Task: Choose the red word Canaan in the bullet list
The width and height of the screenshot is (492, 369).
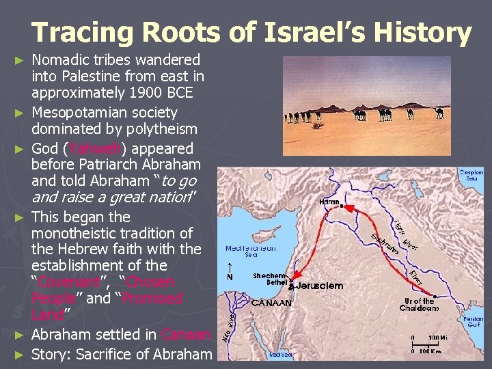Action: [x=186, y=335]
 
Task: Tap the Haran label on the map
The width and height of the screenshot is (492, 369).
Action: [x=331, y=202]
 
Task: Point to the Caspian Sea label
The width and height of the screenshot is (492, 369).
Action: [x=471, y=176]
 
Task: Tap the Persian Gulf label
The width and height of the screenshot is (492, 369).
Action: [x=473, y=323]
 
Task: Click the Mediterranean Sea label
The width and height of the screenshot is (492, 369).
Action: [x=250, y=251]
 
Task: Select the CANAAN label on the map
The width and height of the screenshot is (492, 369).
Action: [x=271, y=302]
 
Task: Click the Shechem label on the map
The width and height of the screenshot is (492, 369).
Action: [x=269, y=275]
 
